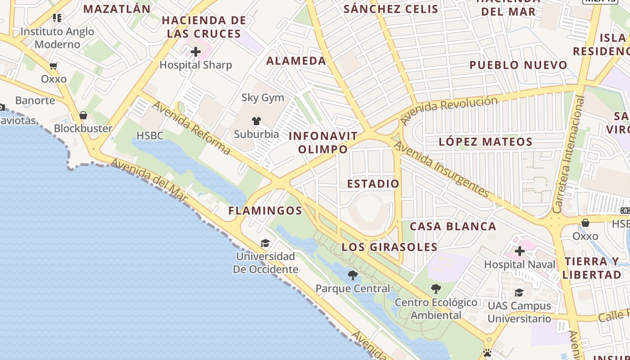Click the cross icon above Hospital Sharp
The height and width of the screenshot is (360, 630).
pyautogui.click(x=196, y=52)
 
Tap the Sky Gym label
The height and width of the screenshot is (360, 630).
pyautogui.click(x=263, y=98)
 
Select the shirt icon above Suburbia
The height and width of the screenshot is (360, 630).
pyautogui.click(x=256, y=121)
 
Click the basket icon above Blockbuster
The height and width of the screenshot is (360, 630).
pyautogui.click(x=83, y=116)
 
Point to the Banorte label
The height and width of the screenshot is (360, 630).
pyautogui.click(x=35, y=100)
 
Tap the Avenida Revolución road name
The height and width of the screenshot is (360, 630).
pyautogui.click(x=449, y=109)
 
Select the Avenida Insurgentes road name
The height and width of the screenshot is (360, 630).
pyautogui.click(x=441, y=169)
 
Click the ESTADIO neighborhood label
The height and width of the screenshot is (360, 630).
pyautogui.click(x=373, y=184)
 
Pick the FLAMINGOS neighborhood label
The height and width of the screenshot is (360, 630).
pyautogui.click(x=265, y=211)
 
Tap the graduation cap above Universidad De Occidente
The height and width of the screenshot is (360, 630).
pyautogui.click(x=265, y=243)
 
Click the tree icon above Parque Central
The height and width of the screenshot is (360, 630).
pyautogui.click(x=353, y=275)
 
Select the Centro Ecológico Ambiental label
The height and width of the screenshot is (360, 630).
pyautogui.click(x=436, y=309)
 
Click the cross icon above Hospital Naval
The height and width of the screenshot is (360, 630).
pyautogui.click(x=520, y=251)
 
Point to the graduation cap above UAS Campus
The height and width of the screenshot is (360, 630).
pyautogui.click(x=519, y=292)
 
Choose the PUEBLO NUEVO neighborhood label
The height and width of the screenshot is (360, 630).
pyautogui.click(x=518, y=65)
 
